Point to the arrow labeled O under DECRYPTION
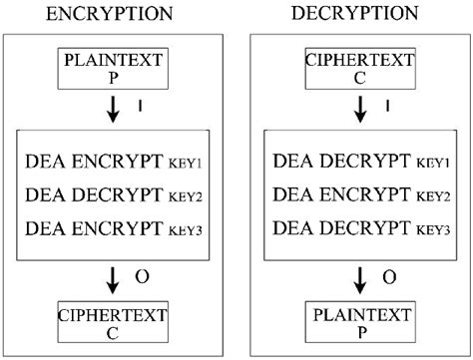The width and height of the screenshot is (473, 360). coord(350,276)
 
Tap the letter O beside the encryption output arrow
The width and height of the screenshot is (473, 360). coord(145,274)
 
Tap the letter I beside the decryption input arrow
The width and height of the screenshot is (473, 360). coord(384,104)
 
